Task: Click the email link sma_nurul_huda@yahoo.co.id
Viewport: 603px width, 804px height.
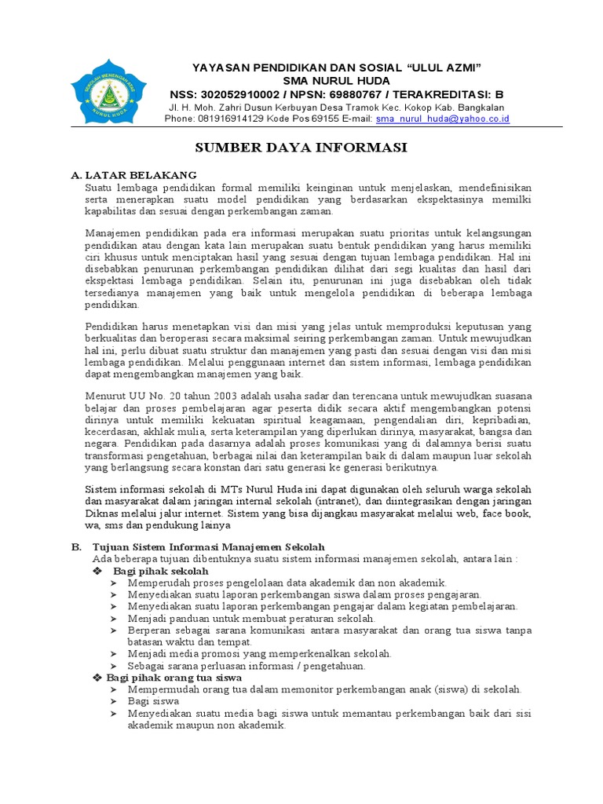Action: [x=443, y=119]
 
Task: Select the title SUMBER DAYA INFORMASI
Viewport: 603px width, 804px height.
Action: [x=301, y=148]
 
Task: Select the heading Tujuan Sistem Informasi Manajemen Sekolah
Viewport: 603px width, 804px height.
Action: [x=208, y=546]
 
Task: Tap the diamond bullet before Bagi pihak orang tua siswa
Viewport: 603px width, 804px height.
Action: [x=98, y=677]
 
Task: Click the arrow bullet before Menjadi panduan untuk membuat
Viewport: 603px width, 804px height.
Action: [x=115, y=619]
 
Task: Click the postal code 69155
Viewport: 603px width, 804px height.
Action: [x=305, y=119]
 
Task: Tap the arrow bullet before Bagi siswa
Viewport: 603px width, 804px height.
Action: [x=115, y=701]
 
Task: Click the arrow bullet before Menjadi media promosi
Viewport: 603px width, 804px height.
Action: [x=115, y=654]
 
